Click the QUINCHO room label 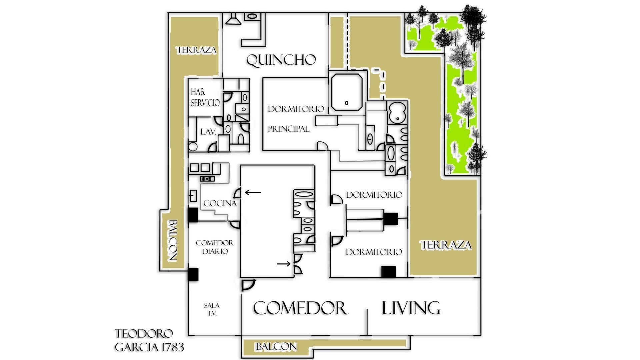pyautogui.click(x=281, y=60)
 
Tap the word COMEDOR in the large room pyautogui.click(x=301, y=308)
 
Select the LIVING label pyautogui.click(x=411, y=308)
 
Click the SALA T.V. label pyautogui.click(x=212, y=309)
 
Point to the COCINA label pyautogui.click(x=220, y=203)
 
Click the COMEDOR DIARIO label pyautogui.click(x=215, y=247)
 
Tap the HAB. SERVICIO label pyautogui.click(x=205, y=97)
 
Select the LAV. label pyautogui.click(x=208, y=132)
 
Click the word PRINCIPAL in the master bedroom pyautogui.click(x=289, y=129)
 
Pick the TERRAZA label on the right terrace pyautogui.click(x=446, y=245)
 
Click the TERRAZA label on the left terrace pyautogui.click(x=197, y=50)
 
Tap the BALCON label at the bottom pyautogui.click(x=276, y=347)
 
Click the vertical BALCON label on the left pyautogui.click(x=172, y=240)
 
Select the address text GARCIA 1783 pyautogui.click(x=149, y=347)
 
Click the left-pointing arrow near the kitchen pyautogui.click(x=253, y=192)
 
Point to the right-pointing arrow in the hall pyautogui.click(x=284, y=264)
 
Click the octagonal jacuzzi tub pyautogui.click(x=346, y=92)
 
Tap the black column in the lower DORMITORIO pyautogui.click(x=389, y=272)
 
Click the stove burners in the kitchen pyautogui.click(x=207, y=179)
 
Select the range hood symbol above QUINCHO pyautogui.click(x=234, y=19)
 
